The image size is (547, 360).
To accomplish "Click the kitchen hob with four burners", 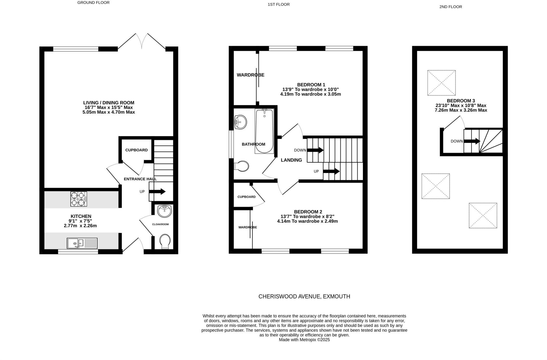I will point(79,199).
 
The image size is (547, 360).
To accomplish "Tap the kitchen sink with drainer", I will point(82,243).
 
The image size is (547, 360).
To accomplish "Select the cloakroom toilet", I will point(165,241).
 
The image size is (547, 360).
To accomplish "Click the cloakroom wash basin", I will point(164,211).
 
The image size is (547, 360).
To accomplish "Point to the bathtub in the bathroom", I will point(264,131).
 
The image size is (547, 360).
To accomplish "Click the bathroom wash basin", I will point(240,122).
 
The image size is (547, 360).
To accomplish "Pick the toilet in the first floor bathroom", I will point(242,166).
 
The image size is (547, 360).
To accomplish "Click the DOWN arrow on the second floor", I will point(472,141).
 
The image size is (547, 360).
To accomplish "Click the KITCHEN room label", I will point(81,216).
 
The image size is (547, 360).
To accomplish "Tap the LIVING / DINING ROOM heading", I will point(109,103).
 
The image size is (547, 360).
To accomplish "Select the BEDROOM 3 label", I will point(461,101).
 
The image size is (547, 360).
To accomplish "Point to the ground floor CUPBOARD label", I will point(136,150).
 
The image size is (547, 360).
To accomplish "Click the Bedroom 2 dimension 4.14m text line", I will point(307,221).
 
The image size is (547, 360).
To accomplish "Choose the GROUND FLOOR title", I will point(93,3).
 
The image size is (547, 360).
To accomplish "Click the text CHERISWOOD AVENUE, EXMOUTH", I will point(304,296).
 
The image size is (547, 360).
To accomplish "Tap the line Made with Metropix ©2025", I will point(304,340).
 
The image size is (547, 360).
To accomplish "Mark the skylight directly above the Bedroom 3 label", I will point(441,83).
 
